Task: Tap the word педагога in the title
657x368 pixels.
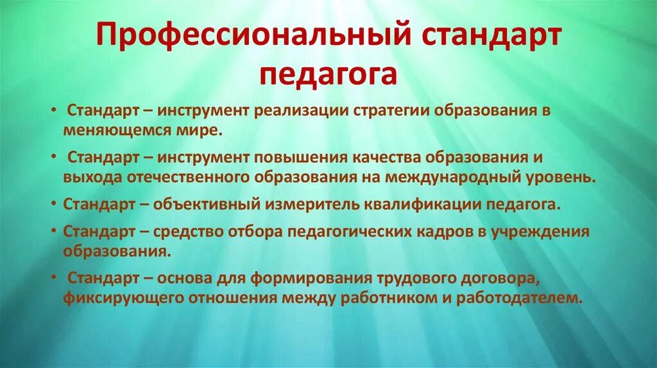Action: tap(328, 74)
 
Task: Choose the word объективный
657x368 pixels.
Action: tap(218, 205)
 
